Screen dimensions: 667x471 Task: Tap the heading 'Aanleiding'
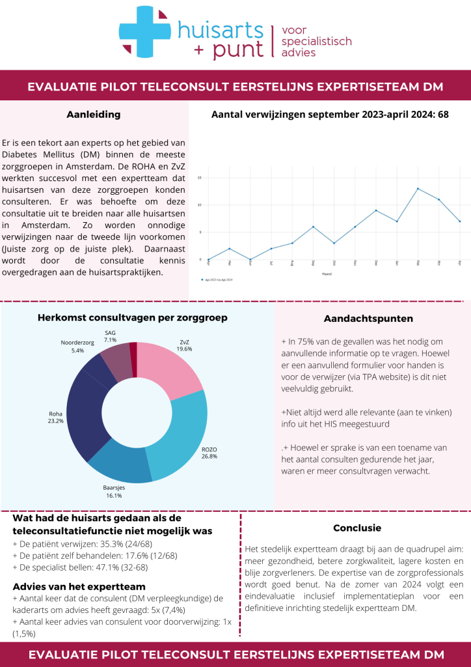[x=94, y=115]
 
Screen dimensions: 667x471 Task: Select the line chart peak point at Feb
[x=418, y=189]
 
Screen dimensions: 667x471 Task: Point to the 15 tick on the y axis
[x=199, y=177]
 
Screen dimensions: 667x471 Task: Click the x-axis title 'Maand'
[x=334, y=273]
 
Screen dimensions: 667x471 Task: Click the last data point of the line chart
[x=459, y=221]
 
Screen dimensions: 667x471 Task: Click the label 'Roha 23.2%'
[x=56, y=417]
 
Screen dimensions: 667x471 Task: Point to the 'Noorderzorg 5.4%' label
[x=77, y=346]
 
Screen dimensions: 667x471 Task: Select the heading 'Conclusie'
[x=357, y=528]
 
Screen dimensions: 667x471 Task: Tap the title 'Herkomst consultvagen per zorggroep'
[x=133, y=318]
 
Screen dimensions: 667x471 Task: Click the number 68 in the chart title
[x=443, y=115]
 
